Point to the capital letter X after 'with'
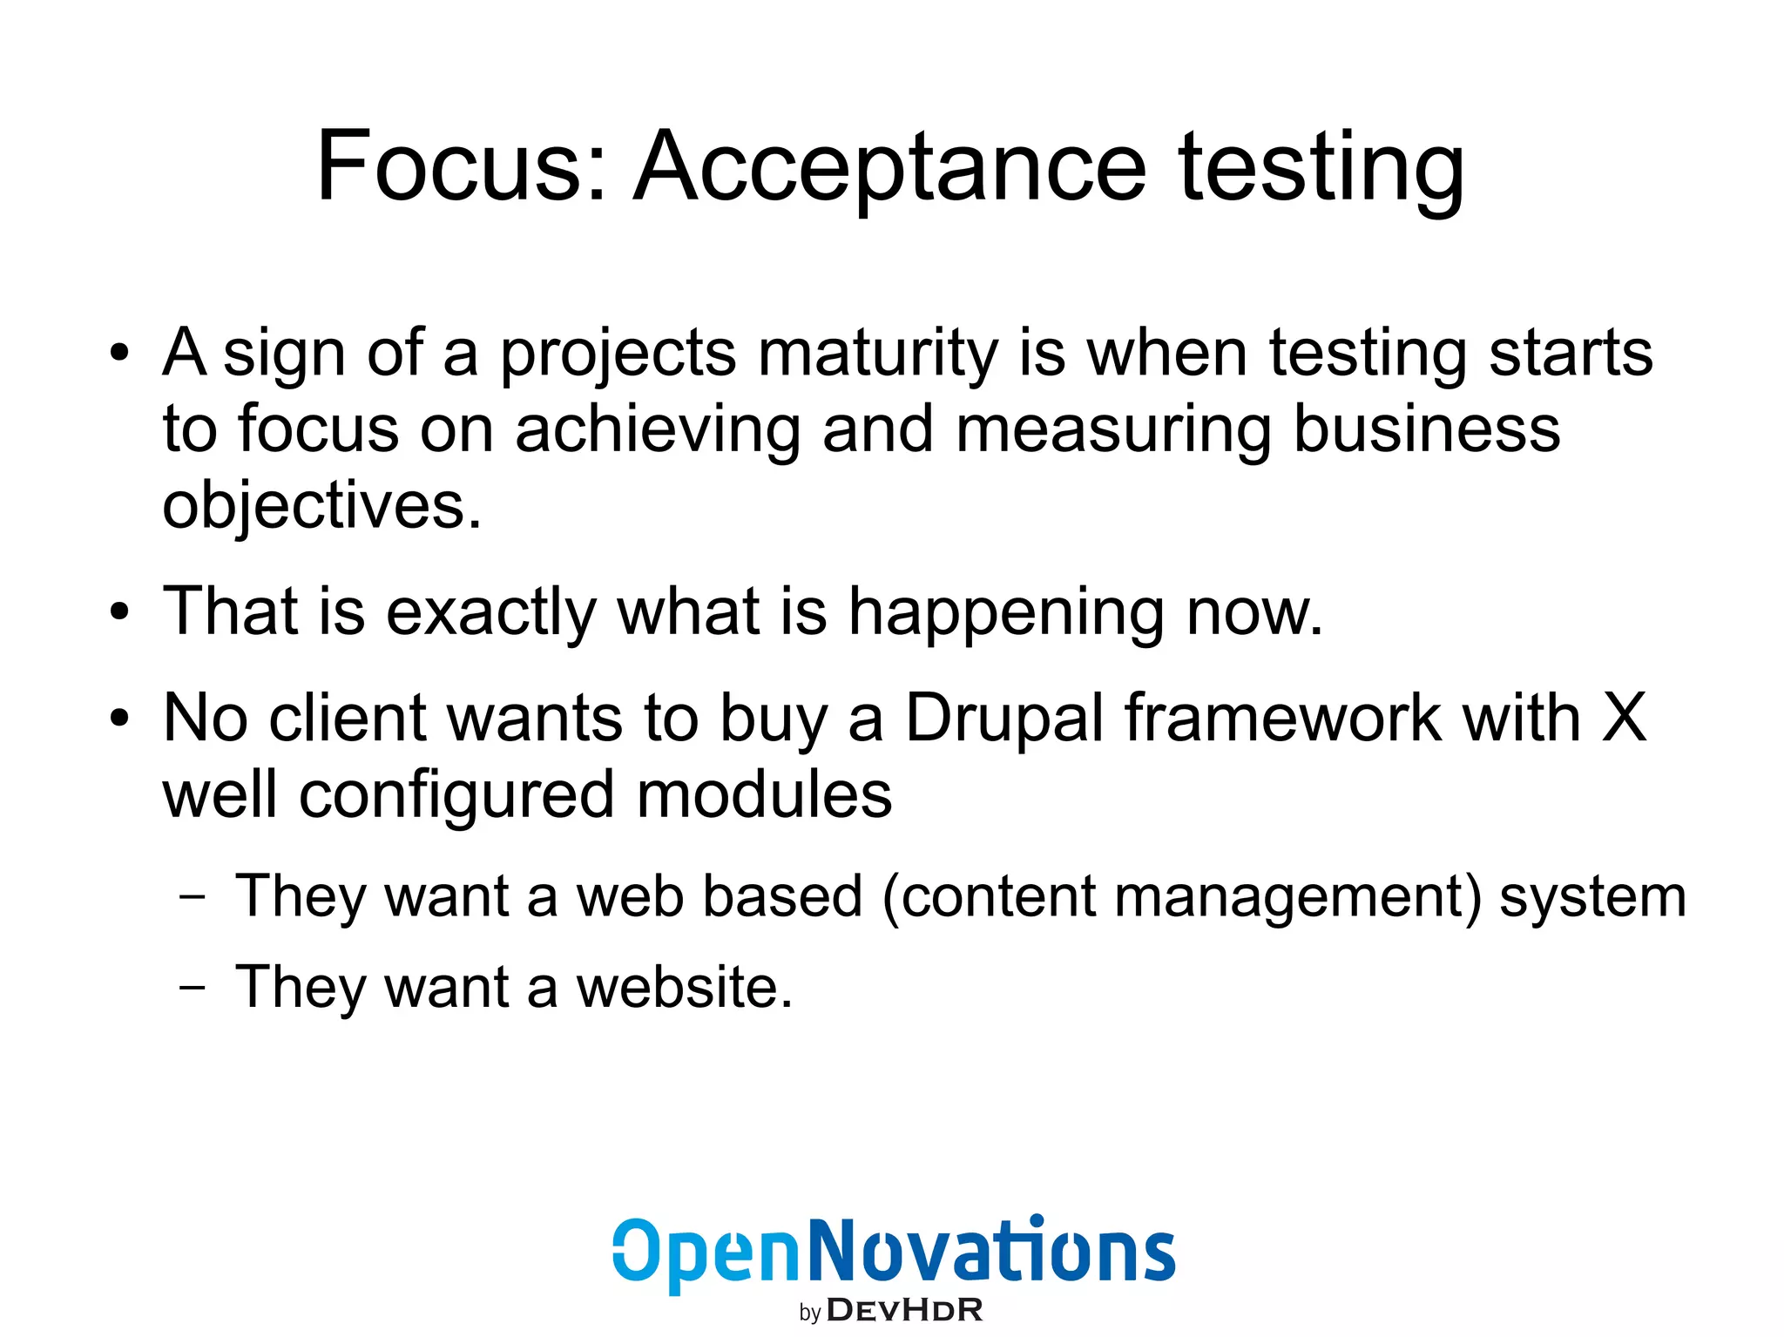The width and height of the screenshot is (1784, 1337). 1624,718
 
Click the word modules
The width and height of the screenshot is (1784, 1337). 764,794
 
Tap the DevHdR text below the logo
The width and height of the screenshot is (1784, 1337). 904,1310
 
